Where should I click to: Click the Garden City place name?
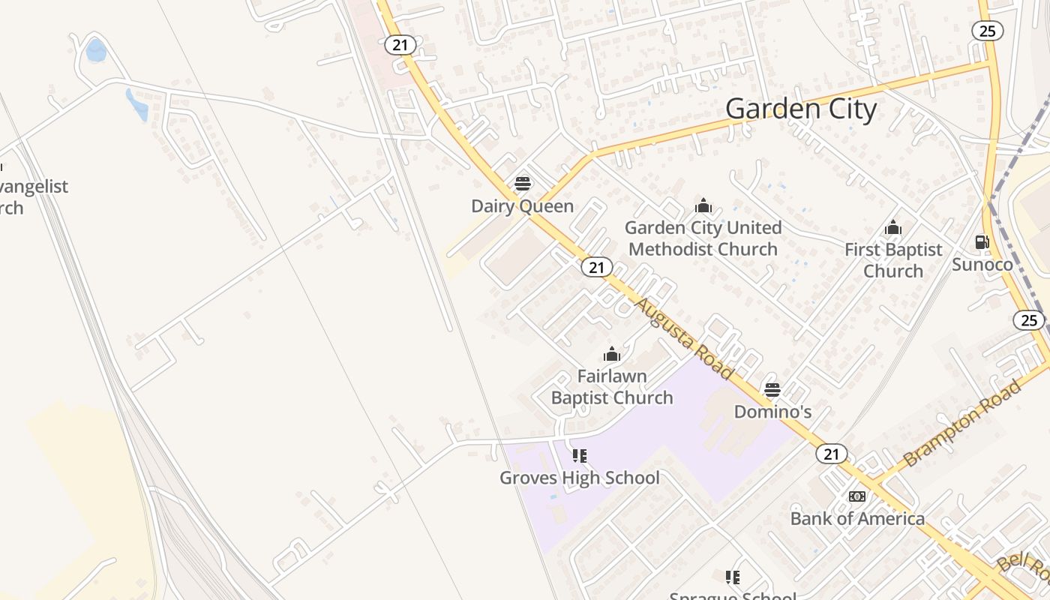click(801, 109)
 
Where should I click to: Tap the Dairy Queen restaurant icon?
click(523, 184)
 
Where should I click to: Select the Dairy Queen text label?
click(522, 206)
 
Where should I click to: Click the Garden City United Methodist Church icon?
click(703, 205)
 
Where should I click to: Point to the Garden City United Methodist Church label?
click(703, 238)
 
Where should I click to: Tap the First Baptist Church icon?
click(893, 227)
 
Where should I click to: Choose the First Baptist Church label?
click(893, 259)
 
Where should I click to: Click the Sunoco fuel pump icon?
click(982, 242)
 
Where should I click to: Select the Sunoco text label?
click(982, 264)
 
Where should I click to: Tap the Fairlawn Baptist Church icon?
click(612, 354)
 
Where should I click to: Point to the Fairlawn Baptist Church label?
click(612, 386)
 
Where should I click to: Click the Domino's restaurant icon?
click(772, 390)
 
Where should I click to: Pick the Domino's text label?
click(772, 412)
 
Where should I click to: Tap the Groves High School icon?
click(580, 455)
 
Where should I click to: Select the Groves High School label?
click(580, 478)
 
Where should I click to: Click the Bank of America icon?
click(857, 496)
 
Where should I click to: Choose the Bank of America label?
click(857, 518)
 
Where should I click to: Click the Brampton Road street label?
click(963, 424)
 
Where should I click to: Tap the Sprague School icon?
click(733, 577)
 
